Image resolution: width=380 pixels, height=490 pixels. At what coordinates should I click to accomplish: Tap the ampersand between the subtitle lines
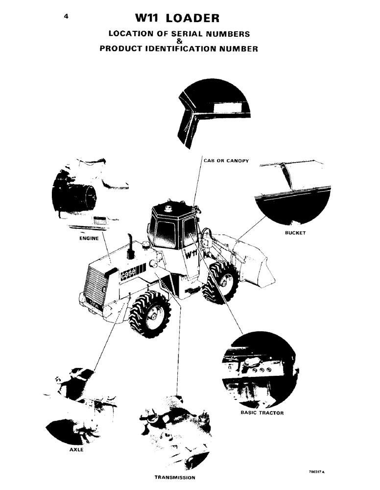179,41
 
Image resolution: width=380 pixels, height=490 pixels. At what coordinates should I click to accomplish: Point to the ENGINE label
89,239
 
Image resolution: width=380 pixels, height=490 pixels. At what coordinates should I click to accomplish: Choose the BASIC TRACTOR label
262,413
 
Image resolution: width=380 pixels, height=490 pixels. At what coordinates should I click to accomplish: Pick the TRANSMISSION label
175,477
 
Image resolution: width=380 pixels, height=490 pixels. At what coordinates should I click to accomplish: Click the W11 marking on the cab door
191,255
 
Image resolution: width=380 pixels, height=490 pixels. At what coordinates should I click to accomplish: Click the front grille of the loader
96,287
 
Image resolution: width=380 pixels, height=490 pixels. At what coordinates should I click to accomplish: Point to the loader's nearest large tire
150,314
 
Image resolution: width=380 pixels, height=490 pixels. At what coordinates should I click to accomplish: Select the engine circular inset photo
88,196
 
